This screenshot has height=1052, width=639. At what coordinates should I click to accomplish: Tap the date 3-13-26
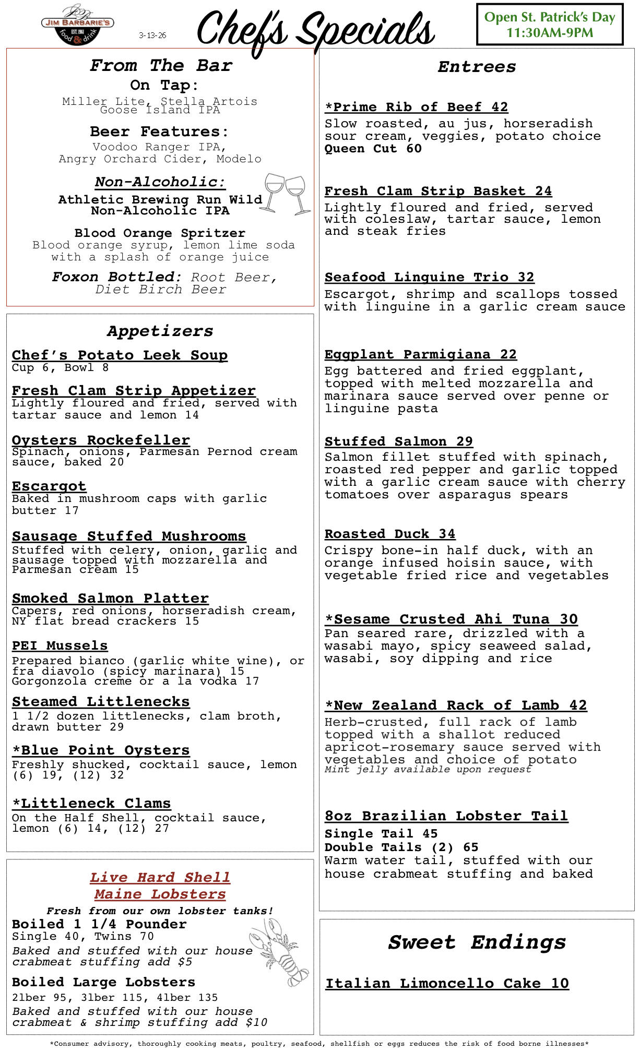[152, 35]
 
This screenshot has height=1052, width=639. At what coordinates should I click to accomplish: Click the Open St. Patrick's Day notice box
[549, 25]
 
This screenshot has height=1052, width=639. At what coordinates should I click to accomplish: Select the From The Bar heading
[161, 66]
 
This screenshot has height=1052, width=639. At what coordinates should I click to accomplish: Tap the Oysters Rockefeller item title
[101, 440]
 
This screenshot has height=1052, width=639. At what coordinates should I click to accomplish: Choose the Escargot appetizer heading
[49, 486]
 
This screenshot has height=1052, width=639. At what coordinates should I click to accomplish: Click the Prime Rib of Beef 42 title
[416, 107]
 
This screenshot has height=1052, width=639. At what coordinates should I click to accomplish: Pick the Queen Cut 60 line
[373, 149]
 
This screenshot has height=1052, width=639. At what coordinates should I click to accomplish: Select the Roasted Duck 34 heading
[389, 534]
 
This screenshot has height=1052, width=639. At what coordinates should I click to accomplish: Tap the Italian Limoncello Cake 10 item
[447, 983]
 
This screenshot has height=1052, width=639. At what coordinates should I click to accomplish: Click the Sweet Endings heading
[477, 942]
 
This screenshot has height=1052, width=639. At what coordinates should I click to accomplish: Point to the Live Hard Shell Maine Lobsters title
[160, 886]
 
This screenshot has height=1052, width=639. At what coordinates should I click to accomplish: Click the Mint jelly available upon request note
[428, 770]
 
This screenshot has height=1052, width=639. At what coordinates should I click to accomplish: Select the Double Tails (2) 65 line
[401, 847]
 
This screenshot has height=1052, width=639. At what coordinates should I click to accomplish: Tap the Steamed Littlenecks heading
[101, 702]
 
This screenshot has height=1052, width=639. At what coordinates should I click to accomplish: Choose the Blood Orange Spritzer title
[160, 233]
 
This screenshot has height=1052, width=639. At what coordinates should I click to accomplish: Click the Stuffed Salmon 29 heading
[398, 441]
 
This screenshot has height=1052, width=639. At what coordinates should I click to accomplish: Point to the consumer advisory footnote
[319, 1044]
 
